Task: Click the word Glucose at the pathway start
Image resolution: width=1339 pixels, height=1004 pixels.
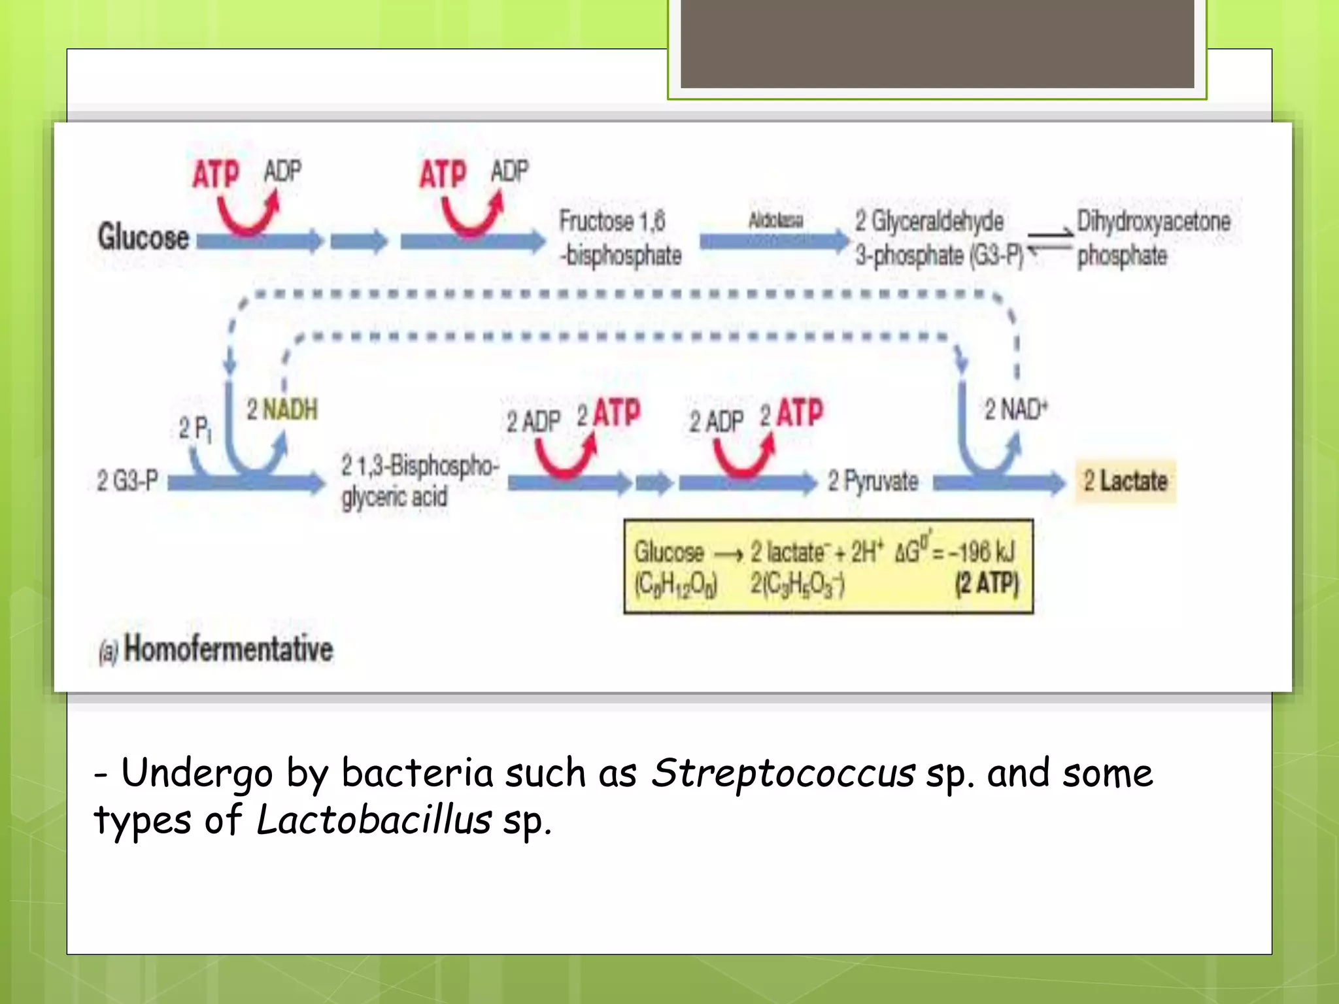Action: click(x=143, y=237)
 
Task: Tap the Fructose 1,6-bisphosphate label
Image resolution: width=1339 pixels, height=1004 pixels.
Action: click(x=619, y=238)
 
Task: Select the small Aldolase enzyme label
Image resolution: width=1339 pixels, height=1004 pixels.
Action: click(x=775, y=220)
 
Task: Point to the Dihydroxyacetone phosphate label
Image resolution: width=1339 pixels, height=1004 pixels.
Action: click(x=1153, y=238)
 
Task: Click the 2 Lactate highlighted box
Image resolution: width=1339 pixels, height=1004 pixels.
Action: click(x=1125, y=481)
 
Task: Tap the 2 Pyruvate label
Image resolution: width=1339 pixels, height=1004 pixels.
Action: click(x=873, y=482)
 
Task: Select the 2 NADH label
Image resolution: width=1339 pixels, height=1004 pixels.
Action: click(x=282, y=410)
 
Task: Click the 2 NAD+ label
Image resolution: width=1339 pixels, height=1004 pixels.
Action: click(x=1015, y=410)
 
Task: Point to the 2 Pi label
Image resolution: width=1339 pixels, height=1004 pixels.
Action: click(x=195, y=429)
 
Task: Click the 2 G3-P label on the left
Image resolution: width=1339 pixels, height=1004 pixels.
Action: click(x=127, y=481)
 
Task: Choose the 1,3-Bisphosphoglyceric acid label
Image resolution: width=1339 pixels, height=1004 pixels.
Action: click(x=418, y=482)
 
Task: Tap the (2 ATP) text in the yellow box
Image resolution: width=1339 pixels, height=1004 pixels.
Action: click(x=987, y=584)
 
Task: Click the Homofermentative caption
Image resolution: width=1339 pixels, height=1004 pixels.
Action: click(x=228, y=649)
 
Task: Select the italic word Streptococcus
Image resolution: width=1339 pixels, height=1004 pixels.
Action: click(x=782, y=773)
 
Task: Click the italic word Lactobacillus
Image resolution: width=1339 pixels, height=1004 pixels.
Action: click(x=373, y=820)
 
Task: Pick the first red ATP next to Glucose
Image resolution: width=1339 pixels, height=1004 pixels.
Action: click(x=216, y=175)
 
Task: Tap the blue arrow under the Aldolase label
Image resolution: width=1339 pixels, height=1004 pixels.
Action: click(x=773, y=242)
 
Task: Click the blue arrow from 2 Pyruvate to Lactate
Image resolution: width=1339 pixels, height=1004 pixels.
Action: click(x=998, y=483)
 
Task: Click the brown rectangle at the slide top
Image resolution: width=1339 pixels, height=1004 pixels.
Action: click(x=937, y=43)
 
